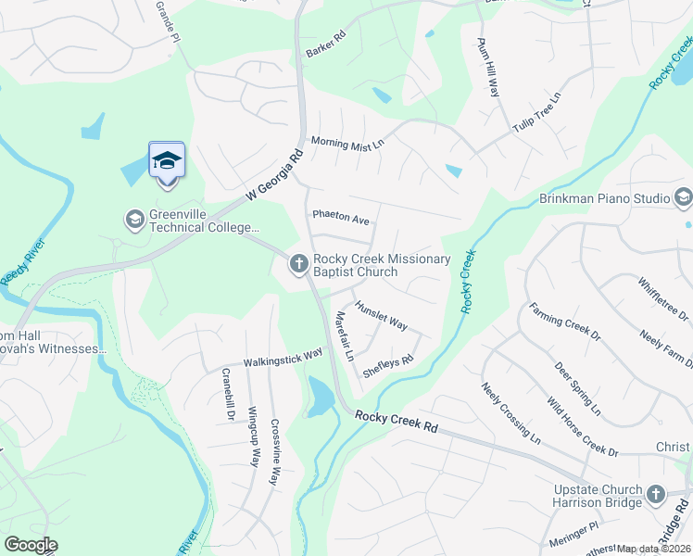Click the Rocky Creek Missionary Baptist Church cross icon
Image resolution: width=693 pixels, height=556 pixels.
[298, 264]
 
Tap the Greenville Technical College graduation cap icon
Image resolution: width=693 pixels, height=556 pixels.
[134, 220]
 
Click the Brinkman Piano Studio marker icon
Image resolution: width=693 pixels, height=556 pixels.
[684, 197]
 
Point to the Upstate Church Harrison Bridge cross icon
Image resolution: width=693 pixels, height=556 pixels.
[656, 495]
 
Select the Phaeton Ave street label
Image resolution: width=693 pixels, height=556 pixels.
[341, 218]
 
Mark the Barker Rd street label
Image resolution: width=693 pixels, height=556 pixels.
[325, 44]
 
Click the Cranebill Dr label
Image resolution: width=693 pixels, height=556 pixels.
[226, 396]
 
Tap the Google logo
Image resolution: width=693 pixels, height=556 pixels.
[31, 545]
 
